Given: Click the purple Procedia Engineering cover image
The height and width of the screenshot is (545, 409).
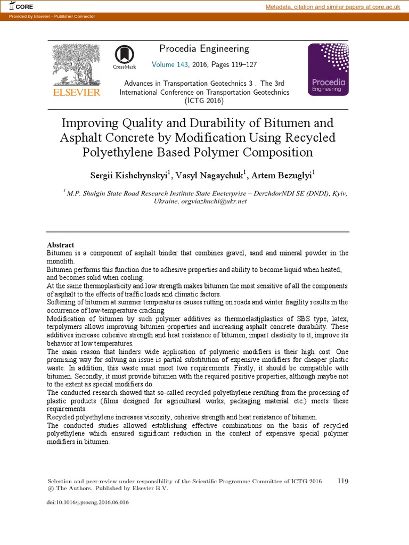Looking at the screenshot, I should pyautogui.click(x=328, y=69).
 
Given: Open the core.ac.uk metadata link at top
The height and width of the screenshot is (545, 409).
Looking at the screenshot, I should pyautogui.click(x=333, y=6).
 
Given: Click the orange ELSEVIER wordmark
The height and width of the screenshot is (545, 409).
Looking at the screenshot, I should pyautogui.click(x=76, y=93).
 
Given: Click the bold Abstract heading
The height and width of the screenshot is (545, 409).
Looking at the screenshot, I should pyautogui.click(x=61, y=245).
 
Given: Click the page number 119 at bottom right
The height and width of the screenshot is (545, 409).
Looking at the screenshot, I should pyautogui.click(x=343, y=481).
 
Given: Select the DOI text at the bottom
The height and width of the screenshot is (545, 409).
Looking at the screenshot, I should pyautogui.click(x=88, y=502).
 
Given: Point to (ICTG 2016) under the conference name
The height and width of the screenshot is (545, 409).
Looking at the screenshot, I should pyautogui.click(x=204, y=101).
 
